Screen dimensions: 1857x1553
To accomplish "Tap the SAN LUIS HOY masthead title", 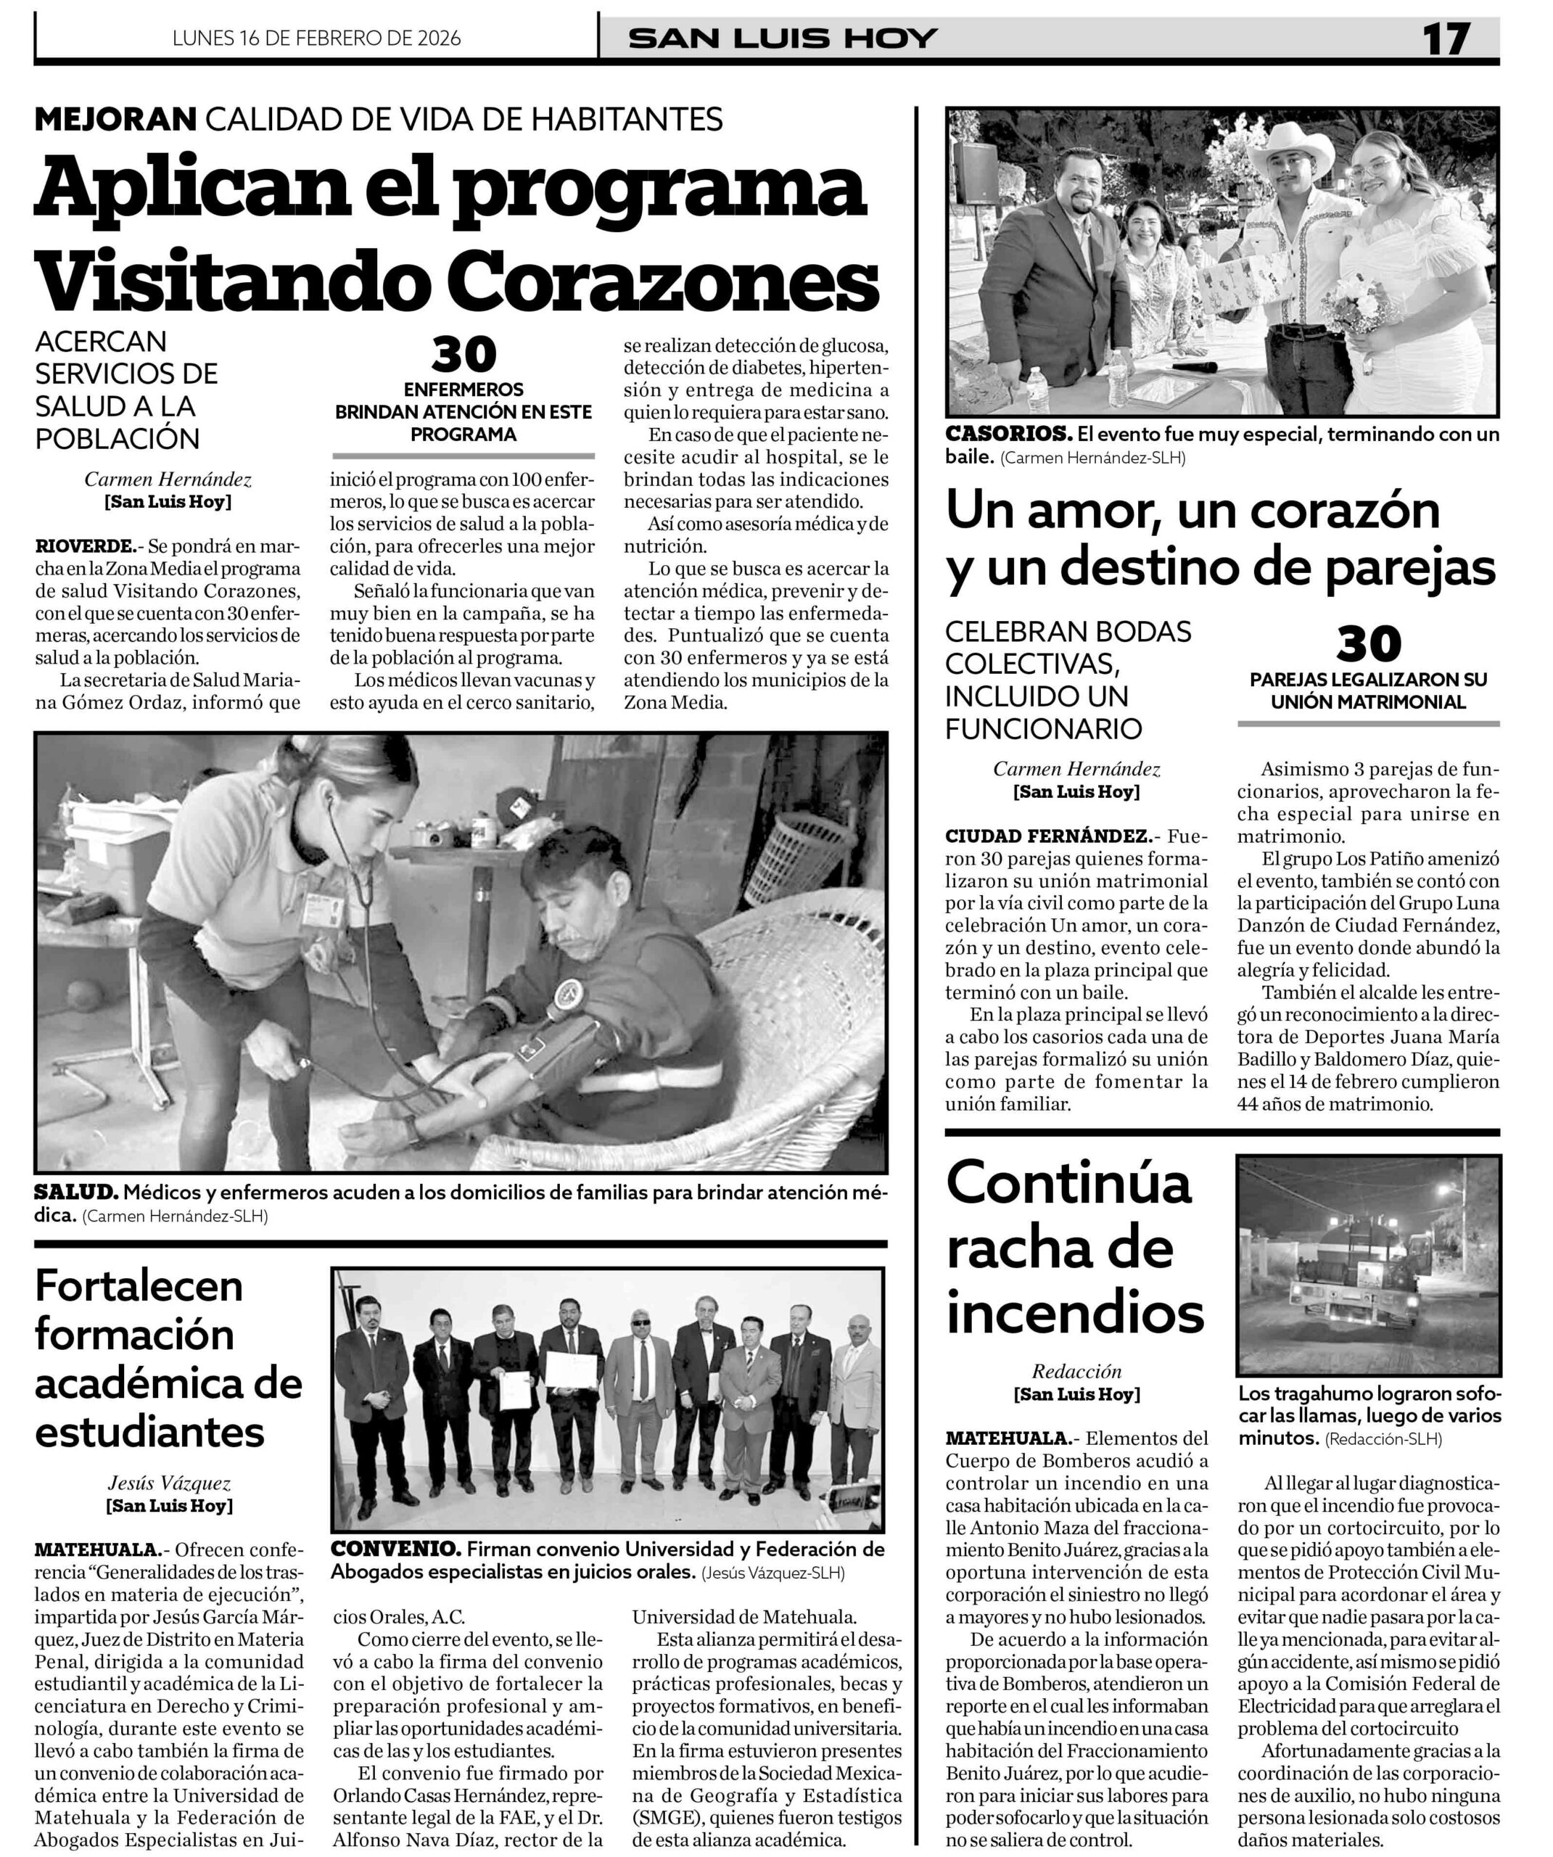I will (783, 39).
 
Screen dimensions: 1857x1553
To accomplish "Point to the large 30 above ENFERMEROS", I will (464, 355).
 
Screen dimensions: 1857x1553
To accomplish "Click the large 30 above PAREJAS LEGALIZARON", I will (1368, 645).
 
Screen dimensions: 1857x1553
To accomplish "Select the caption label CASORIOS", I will (1008, 435).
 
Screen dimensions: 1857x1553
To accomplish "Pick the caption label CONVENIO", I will (395, 1549).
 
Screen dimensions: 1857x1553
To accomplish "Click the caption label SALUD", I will (76, 1192).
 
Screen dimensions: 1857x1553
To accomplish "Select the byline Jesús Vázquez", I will (169, 1483).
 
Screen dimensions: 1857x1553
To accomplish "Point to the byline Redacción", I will (1076, 1372).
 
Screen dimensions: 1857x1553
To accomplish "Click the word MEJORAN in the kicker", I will (115, 118).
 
